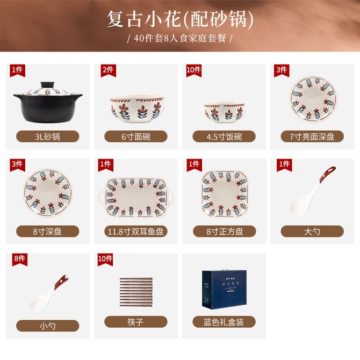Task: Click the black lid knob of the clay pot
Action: [x=48, y=85]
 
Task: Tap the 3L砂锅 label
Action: [x=48, y=136]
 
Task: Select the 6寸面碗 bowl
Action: [x=137, y=109]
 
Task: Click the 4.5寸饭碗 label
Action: [x=224, y=136]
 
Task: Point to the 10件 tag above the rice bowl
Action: [x=194, y=70]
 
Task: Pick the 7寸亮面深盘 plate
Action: [x=313, y=99]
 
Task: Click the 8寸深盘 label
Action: [x=48, y=231]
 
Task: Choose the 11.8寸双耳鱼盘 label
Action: [x=136, y=231]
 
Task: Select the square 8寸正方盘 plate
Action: [x=225, y=194]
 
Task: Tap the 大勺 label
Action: [x=312, y=231]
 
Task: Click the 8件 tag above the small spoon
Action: [x=20, y=260]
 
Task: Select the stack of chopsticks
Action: [x=136, y=292]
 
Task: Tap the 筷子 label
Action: [x=136, y=322]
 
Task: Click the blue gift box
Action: [x=224, y=289]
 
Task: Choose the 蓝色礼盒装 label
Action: [x=224, y=322]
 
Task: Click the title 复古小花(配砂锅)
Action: [x=180, y=19]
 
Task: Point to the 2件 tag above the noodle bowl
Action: [x=109, y=70]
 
